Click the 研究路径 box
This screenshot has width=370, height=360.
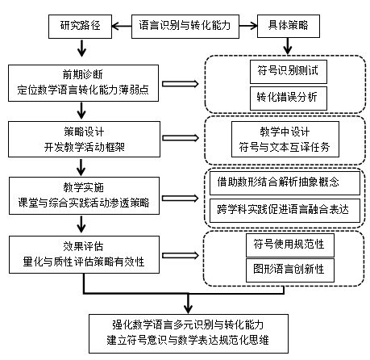pyautogui.click(x=80, y=27)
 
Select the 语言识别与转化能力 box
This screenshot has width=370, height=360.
pyautogui.click(x=185, y=27)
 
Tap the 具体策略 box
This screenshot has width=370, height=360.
pyautogui.click(x=289, y=26)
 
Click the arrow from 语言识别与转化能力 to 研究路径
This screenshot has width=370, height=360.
pyautogui.click(x=122, y=27)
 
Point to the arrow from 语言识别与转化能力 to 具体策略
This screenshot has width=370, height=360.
pyautogui.click(x=248, y=26)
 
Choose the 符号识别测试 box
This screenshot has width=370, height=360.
pyautogui.click(x=289, y=72)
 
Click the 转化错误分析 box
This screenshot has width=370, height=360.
pyautogui.click(x=289, y=98)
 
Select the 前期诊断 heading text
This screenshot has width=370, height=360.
pyautogui.click(x=83, y=74)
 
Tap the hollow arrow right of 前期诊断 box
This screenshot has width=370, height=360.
pyautogui.click(x=181, y=84)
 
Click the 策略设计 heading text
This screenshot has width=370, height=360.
pyautogui.click(x=84, y=132)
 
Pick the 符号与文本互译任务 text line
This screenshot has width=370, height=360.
pyautogui.click(x=285, y=147)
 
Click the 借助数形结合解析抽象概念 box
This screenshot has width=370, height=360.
pyautogui.click(x=285, y=183)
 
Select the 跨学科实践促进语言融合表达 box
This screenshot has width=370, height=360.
pyautogui.click(x=285, y=211)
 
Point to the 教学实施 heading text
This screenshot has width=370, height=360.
pyautogui.click(x=83, y=187)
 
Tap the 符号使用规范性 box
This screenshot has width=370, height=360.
pyautogui.click(x=290, y=245)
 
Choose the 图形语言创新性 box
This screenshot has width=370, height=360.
pyautogui.click(x=290, y=270)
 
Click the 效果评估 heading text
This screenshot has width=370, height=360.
pyautogui.click(x=83, y=246)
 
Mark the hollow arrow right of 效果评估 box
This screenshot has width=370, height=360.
pyautogui.click(x=181, y=255)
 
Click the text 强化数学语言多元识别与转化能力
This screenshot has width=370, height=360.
pyautogui.click(x=188, y=324)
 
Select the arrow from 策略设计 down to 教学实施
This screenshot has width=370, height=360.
pyautogui.click(x=81, y=167)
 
